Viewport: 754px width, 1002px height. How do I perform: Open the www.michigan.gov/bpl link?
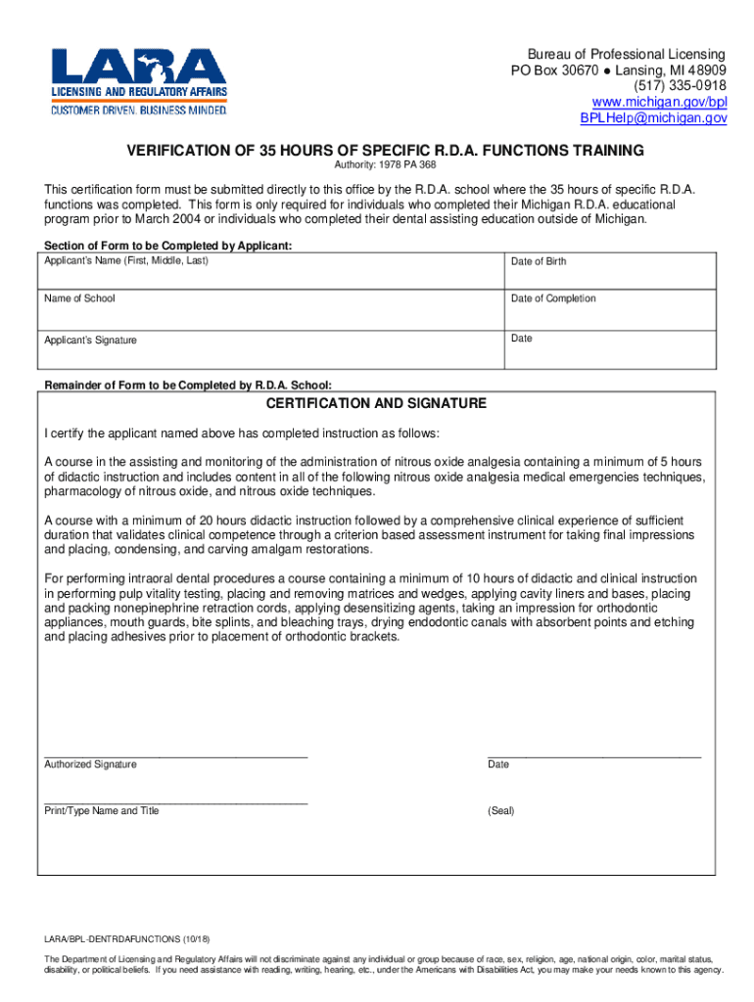(660, 102)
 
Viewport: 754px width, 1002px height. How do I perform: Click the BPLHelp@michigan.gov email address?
(653, 117)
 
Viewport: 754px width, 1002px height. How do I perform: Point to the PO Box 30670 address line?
(618, 70)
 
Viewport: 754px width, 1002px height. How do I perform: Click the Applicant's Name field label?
(125, 260)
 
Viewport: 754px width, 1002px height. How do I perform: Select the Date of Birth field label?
(538, 261)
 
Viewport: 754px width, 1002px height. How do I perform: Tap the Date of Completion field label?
(553, 298)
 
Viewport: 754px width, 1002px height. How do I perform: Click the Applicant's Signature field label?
(90, 341)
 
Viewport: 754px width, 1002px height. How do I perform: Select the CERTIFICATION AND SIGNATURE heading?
(377, 403)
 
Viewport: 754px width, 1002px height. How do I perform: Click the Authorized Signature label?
(90, 764)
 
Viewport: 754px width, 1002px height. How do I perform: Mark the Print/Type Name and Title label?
(102, 810)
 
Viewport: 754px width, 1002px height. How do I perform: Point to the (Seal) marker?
(500, 810)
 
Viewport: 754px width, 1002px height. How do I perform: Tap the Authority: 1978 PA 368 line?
(378, 165)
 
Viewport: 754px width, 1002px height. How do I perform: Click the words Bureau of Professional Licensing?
(627, 54)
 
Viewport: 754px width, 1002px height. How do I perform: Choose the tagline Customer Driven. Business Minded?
(139, 110)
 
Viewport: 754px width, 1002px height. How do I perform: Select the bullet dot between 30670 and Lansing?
(606, 70)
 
